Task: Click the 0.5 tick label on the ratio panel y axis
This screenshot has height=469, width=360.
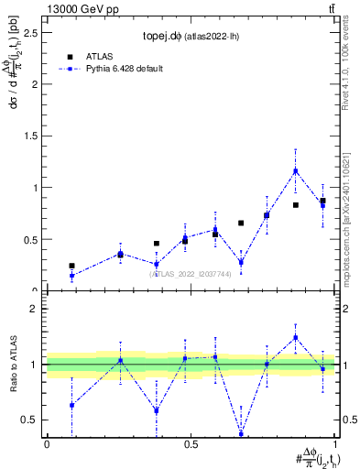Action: tap(29, 420)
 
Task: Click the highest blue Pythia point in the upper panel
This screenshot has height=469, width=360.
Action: tap(296, 170)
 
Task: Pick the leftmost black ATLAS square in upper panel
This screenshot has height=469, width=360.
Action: tap(71, 266)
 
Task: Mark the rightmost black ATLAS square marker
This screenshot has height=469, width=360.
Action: tap(322, 201)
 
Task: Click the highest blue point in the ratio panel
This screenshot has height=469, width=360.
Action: tap(296, 337)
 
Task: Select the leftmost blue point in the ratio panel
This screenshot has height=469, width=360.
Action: tap(71, 405)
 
